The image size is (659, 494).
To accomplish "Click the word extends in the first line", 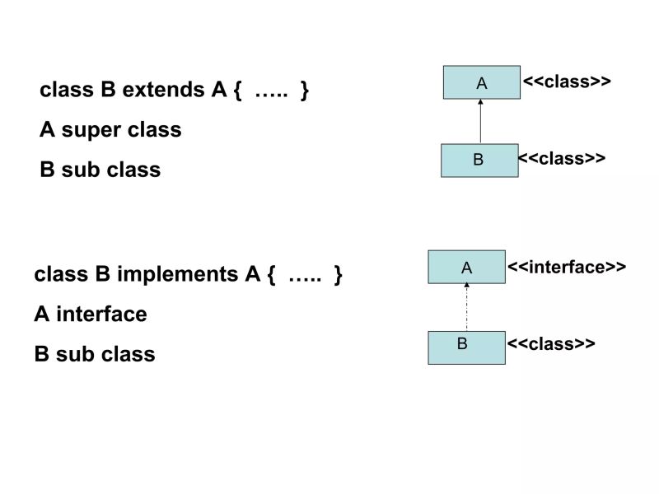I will (x=161, y=90).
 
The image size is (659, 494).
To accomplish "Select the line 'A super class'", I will (x=110, y=130).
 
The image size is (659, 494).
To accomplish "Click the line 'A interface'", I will (x=91, y=315).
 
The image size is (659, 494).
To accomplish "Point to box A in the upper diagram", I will (x=482, y=82).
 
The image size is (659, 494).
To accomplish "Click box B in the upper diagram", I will (x=479, y=161).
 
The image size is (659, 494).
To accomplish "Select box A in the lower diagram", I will (x=466, y=267).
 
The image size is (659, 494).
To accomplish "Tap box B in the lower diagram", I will (x=466, y=347).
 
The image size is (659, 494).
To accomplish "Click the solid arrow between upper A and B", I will (x=480, y=122).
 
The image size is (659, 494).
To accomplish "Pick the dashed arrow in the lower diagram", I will (x=466, y=307).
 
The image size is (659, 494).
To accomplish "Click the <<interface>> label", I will (x=567, y=267).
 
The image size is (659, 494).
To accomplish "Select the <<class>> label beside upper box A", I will (x=567, y=82).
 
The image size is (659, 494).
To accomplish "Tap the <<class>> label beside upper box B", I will (x=562, y=158).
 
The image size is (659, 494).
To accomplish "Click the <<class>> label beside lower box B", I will (x=551, y=344).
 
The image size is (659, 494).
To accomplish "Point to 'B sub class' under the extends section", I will (x=100, y=170).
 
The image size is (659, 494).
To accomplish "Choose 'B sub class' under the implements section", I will (x=95, y=355).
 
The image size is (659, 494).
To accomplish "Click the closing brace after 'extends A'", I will (x=305, y=90).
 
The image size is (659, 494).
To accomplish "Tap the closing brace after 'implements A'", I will (x=338, y=274).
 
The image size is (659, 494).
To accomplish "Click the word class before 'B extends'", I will (x=68, y=90).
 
